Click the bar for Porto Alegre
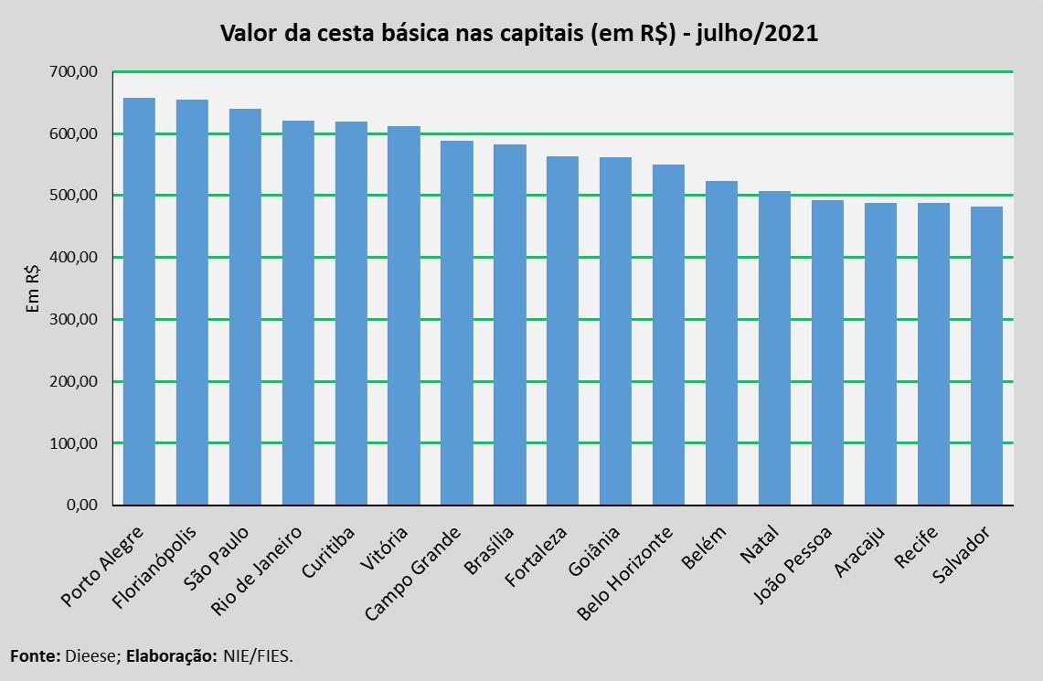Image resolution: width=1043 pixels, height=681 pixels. (x=139, y=302)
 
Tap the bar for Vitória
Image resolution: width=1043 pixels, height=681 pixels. (x=404, y=315)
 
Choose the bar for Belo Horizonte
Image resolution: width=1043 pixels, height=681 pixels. (x=668, y=335)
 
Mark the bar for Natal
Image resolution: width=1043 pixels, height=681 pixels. (x=774, y=348)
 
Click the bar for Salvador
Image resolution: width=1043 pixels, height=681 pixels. (x=986, y=356)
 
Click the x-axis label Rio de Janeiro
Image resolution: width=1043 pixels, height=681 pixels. (x=258, y=570)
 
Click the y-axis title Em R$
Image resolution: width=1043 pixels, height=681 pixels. (x=33, y=289)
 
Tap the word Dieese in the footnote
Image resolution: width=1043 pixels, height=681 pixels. (x=90, y=656)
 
